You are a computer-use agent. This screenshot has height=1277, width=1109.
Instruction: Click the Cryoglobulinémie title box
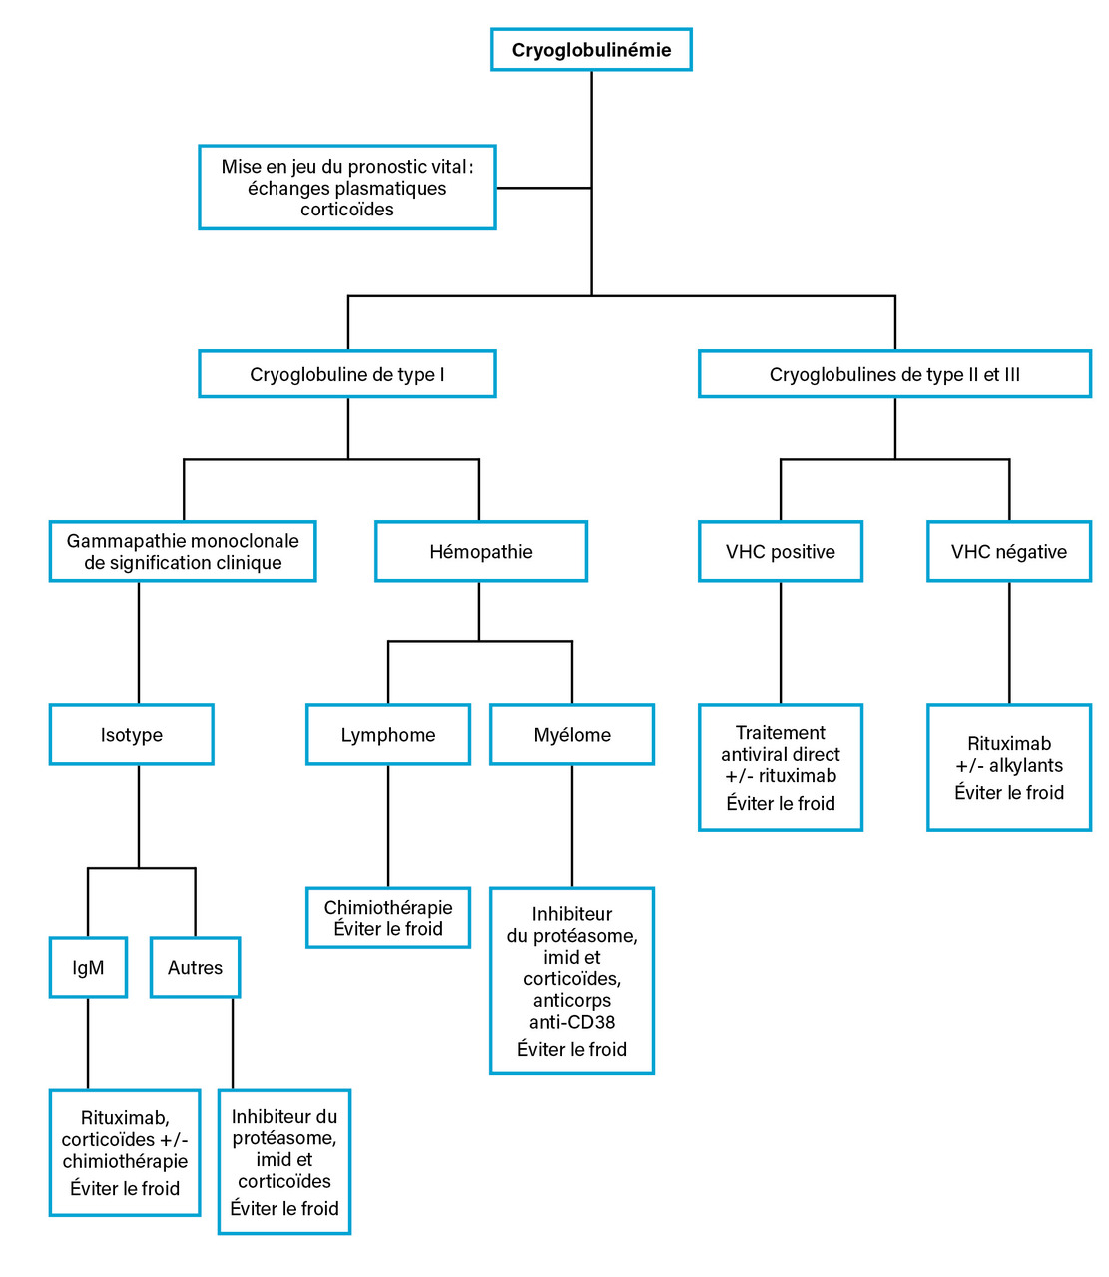click(x=591, y=49)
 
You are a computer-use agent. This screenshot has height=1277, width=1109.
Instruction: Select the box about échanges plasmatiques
click(x=347, y=188)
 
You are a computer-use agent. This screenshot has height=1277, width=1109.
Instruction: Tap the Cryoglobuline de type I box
click(x=347, y=374)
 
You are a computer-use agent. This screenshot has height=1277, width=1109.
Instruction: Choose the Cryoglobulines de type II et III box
click(x=894, y=374)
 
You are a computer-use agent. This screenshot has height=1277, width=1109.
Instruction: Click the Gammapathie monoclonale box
click(x=183, y=551)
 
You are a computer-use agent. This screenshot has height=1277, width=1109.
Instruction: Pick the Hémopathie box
click(x=481, y=551)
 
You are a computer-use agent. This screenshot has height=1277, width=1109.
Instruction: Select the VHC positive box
click(x=780, y=551)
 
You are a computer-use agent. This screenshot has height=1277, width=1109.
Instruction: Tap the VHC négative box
click(x=1009, y=551)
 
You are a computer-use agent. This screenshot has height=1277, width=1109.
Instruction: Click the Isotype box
click(x=131, y=734)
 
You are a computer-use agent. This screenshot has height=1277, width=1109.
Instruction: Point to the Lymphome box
click(x=387, y=734)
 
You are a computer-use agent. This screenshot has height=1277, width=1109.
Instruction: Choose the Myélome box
click(x=571, y=734)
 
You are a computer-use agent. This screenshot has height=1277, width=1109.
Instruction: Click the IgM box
click(x=88, y=967)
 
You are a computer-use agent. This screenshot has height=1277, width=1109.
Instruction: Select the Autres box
click(x=195, y=967)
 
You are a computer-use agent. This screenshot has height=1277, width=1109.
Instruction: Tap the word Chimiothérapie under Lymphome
click(x=387, y=907)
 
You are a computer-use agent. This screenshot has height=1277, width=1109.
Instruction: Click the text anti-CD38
click(x=571, y=1022)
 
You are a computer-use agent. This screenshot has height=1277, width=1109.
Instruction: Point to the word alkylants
click(x=1026, y=765)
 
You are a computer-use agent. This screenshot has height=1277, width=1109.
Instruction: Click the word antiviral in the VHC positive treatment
click(x=749, y=754)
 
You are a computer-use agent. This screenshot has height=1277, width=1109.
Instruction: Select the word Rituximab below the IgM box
click(x=125, y=1117)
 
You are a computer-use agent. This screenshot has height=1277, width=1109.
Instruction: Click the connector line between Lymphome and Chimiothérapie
click(x=387, y=826)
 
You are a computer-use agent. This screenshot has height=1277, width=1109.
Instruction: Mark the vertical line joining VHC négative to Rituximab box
click(x=1009, y=642)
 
